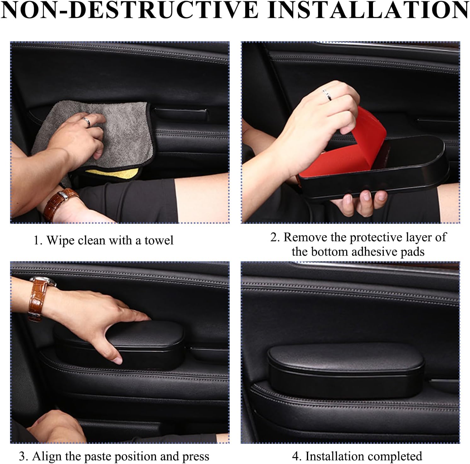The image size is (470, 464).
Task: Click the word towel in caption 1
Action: pos(159,241)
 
